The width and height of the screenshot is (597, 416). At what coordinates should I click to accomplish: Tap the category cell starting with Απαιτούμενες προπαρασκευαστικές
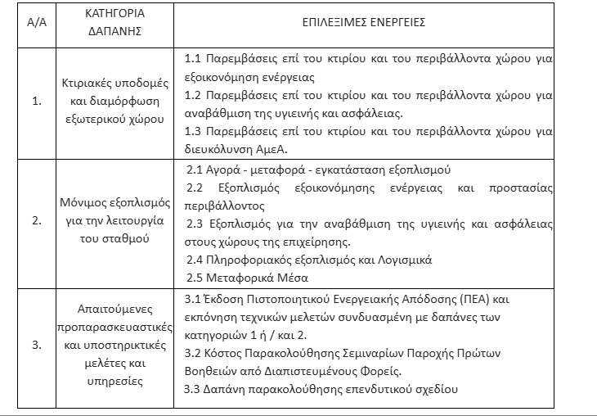point(114,345)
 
